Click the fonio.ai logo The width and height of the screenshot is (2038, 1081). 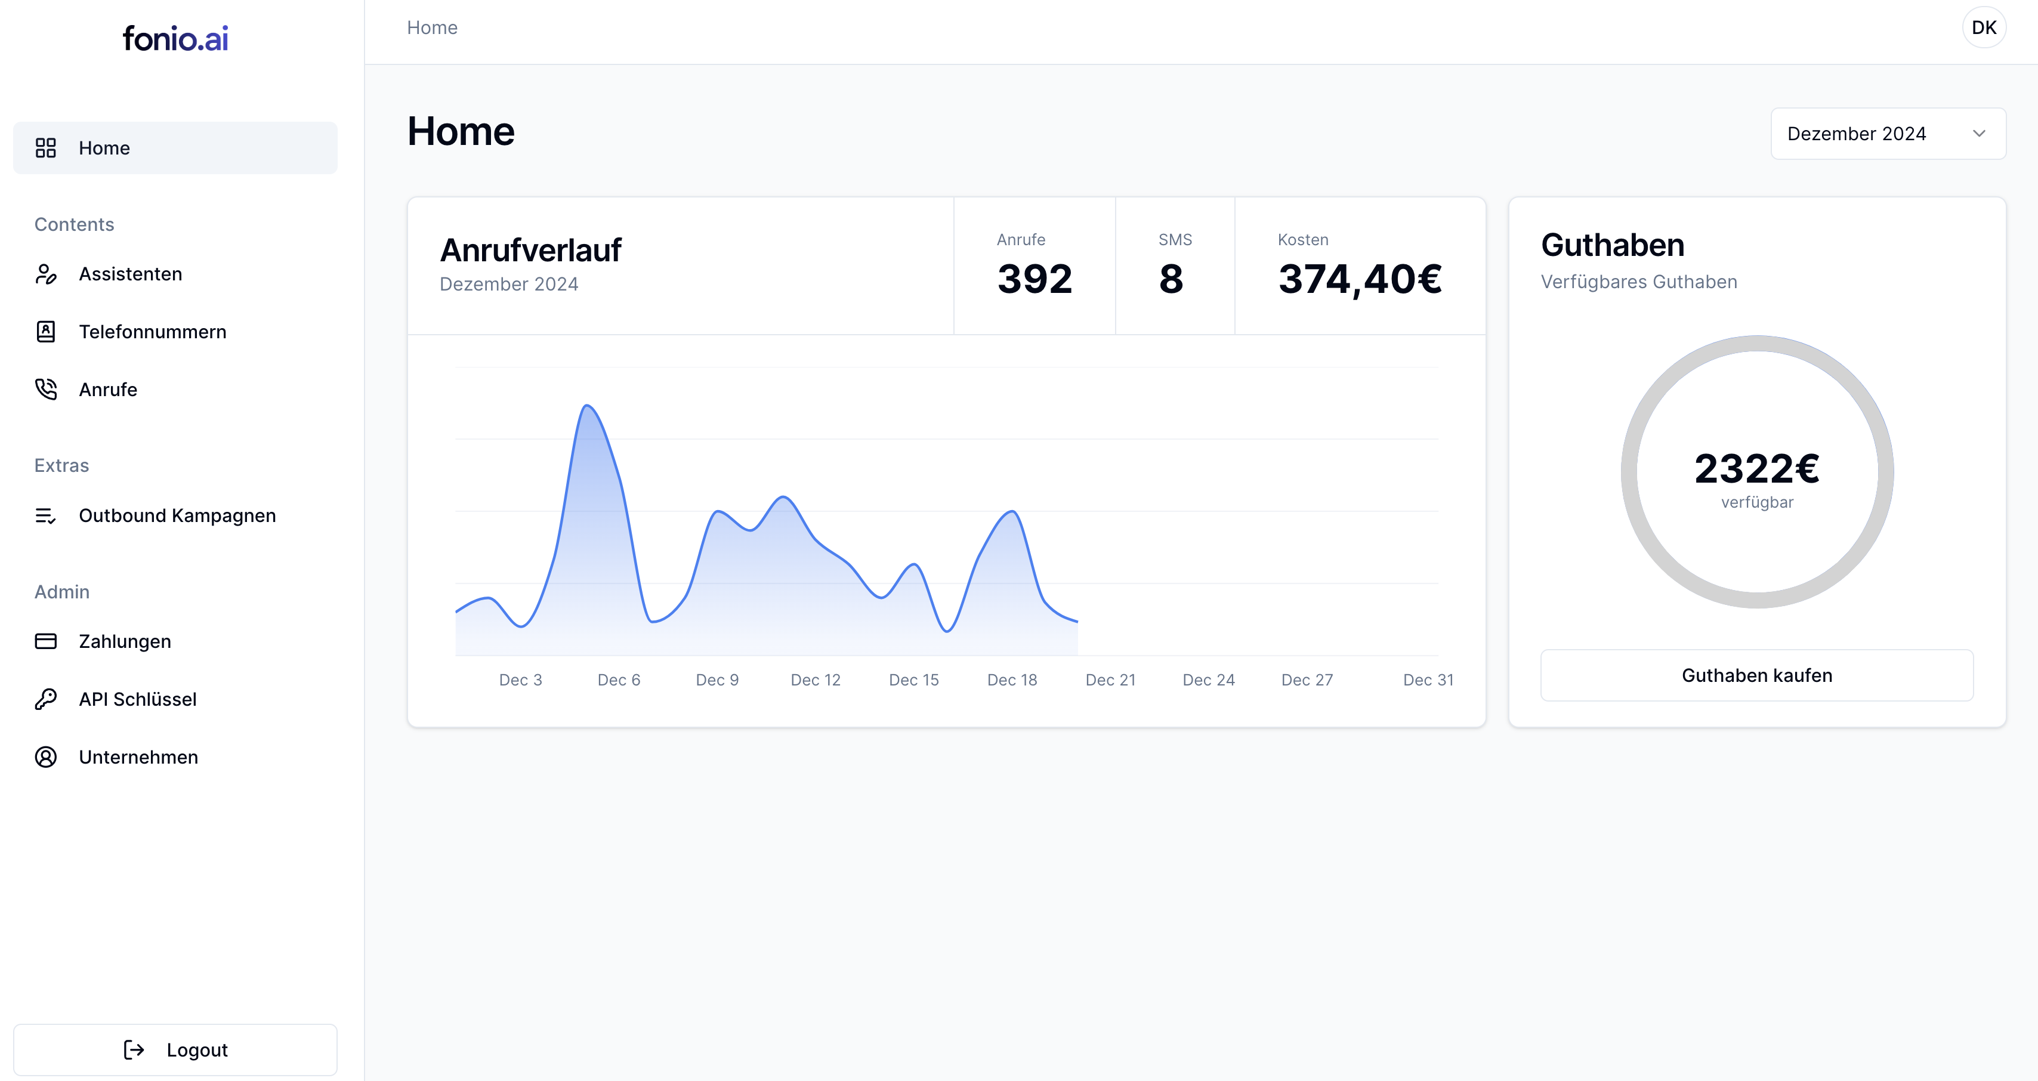(x=175, y=39)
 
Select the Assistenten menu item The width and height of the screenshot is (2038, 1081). (x=131, y=274)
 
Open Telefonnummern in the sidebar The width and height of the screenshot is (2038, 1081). (x=152, y=332)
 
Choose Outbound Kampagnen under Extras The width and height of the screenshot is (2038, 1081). (x=177, y=515)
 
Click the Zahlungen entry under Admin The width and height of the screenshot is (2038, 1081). (x=125, y=641)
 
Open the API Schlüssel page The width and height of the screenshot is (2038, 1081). (x=138, y=699)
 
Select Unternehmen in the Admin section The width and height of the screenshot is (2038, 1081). (x=138, y=756)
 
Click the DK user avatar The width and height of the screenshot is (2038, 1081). (x=1983, y=27)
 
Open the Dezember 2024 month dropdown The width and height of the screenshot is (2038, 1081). (x=1887, y=134)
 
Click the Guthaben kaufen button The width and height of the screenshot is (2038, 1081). (x=1756, y=675)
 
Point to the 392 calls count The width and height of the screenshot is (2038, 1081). (x=1034, y=279)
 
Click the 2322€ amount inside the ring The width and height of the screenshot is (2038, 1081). (x=1756, y=468)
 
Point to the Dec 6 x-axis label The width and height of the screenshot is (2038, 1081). (x=619, y=680)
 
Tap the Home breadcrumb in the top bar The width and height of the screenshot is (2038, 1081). (x=432, y=27)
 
